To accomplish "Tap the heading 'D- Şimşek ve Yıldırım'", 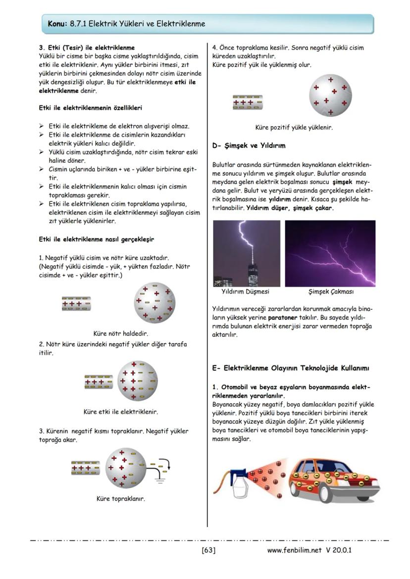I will [x=249, y=146].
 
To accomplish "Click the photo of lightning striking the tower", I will [x=246, y=253].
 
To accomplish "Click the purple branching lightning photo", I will [x=330, y=253].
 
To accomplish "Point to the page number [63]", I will [x=208, y=550].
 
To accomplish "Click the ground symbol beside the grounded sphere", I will [x=160, y=475].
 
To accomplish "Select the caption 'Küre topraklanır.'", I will [x=121, y=498].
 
